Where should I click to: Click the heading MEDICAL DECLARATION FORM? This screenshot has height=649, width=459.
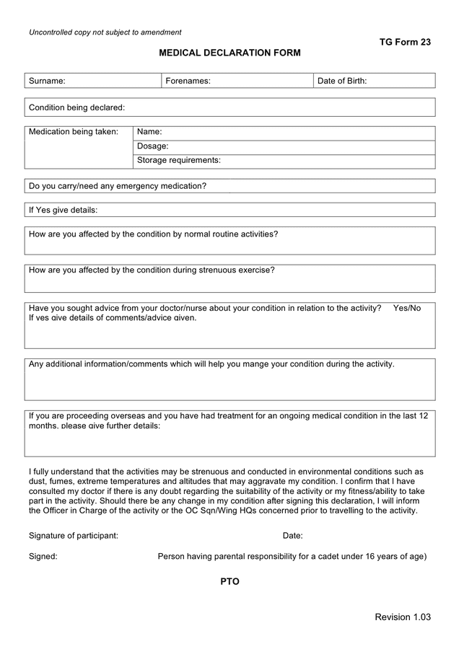(229, 53)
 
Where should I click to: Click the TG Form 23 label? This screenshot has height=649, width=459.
(405, 42)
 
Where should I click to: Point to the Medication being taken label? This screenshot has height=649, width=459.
(74, 132)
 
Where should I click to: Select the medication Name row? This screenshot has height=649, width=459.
(284, 133)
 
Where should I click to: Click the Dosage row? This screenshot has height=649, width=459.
(284, 146)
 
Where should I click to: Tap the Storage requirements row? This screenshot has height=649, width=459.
(284, 161)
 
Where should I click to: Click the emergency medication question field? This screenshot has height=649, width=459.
(229, 186)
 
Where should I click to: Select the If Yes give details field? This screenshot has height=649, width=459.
(229, 210)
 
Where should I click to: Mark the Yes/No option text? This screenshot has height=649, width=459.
(407, 308)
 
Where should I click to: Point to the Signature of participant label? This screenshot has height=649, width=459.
(74, 536)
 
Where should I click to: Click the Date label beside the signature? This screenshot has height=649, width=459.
(292, 536)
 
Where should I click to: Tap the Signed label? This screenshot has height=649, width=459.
(43, 556)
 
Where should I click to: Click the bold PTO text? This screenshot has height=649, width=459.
(229, 581)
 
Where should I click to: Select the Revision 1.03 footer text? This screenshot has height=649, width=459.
(403, 617)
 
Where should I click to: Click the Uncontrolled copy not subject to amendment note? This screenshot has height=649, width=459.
(105, 32)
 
